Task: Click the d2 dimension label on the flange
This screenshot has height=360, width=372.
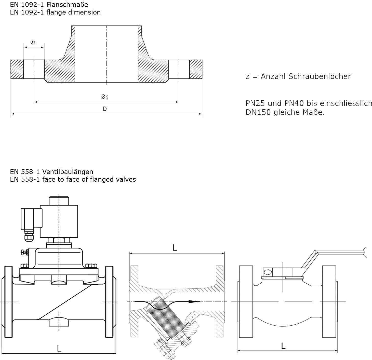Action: tap(33, 42)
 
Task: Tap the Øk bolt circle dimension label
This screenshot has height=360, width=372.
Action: tap(105, 97)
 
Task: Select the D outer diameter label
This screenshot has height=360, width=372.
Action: tap(105, 109)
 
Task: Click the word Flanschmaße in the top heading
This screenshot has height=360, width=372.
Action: tap(67, 4)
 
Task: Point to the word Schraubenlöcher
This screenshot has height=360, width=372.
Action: tap(320, 76)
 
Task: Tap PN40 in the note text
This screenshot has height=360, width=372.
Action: tap(294, 103)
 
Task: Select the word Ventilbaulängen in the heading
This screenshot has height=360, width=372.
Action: tap(68, 172)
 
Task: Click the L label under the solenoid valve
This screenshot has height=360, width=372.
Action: tap(59, 349)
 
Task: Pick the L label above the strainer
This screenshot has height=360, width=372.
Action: tap(175, 248)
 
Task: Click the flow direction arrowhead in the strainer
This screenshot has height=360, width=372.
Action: tap(194, 301)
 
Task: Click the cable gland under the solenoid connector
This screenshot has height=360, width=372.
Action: tap(29, 236)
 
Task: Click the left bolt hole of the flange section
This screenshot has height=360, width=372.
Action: tap(34, 69)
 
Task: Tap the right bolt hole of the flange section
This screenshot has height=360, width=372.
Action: tap(179, 69)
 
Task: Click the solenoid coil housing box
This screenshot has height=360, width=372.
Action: tap(59, 221)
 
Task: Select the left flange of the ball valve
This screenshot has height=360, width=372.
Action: tap(246, 301)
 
